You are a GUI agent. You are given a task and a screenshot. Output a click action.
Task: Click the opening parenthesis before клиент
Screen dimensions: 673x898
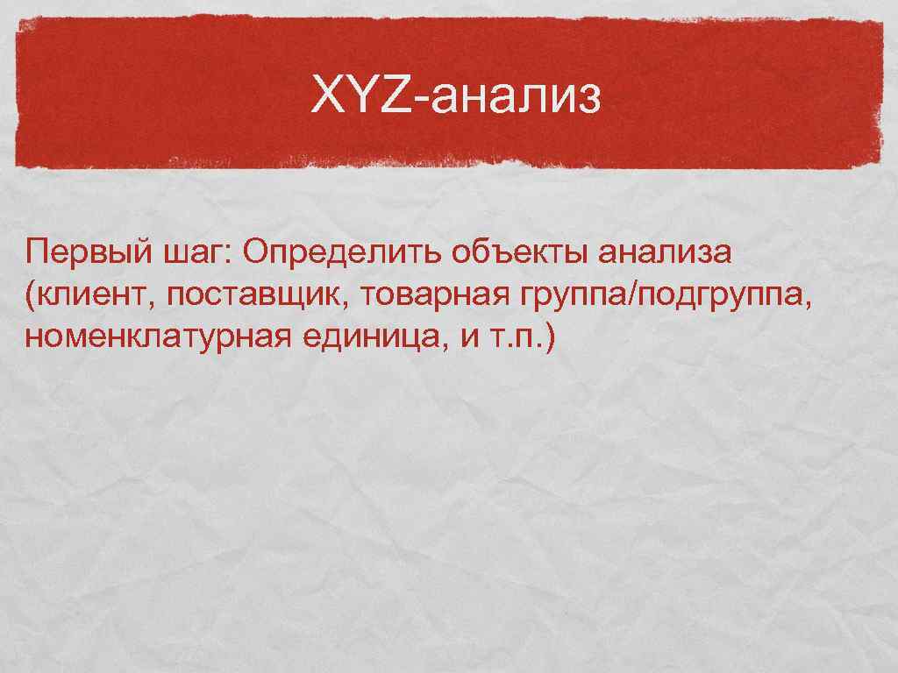point(32,296)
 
